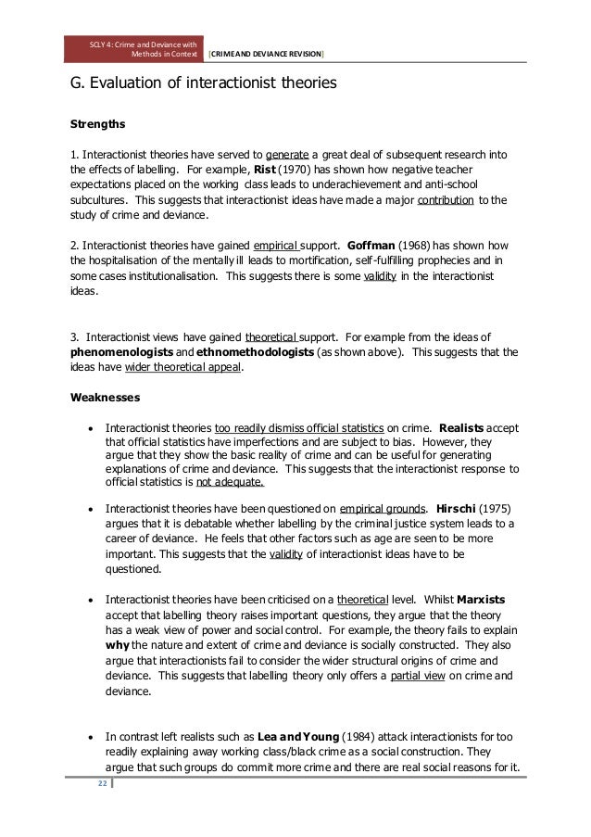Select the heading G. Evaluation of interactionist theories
[197, 85]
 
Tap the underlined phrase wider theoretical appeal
[190, 370]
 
